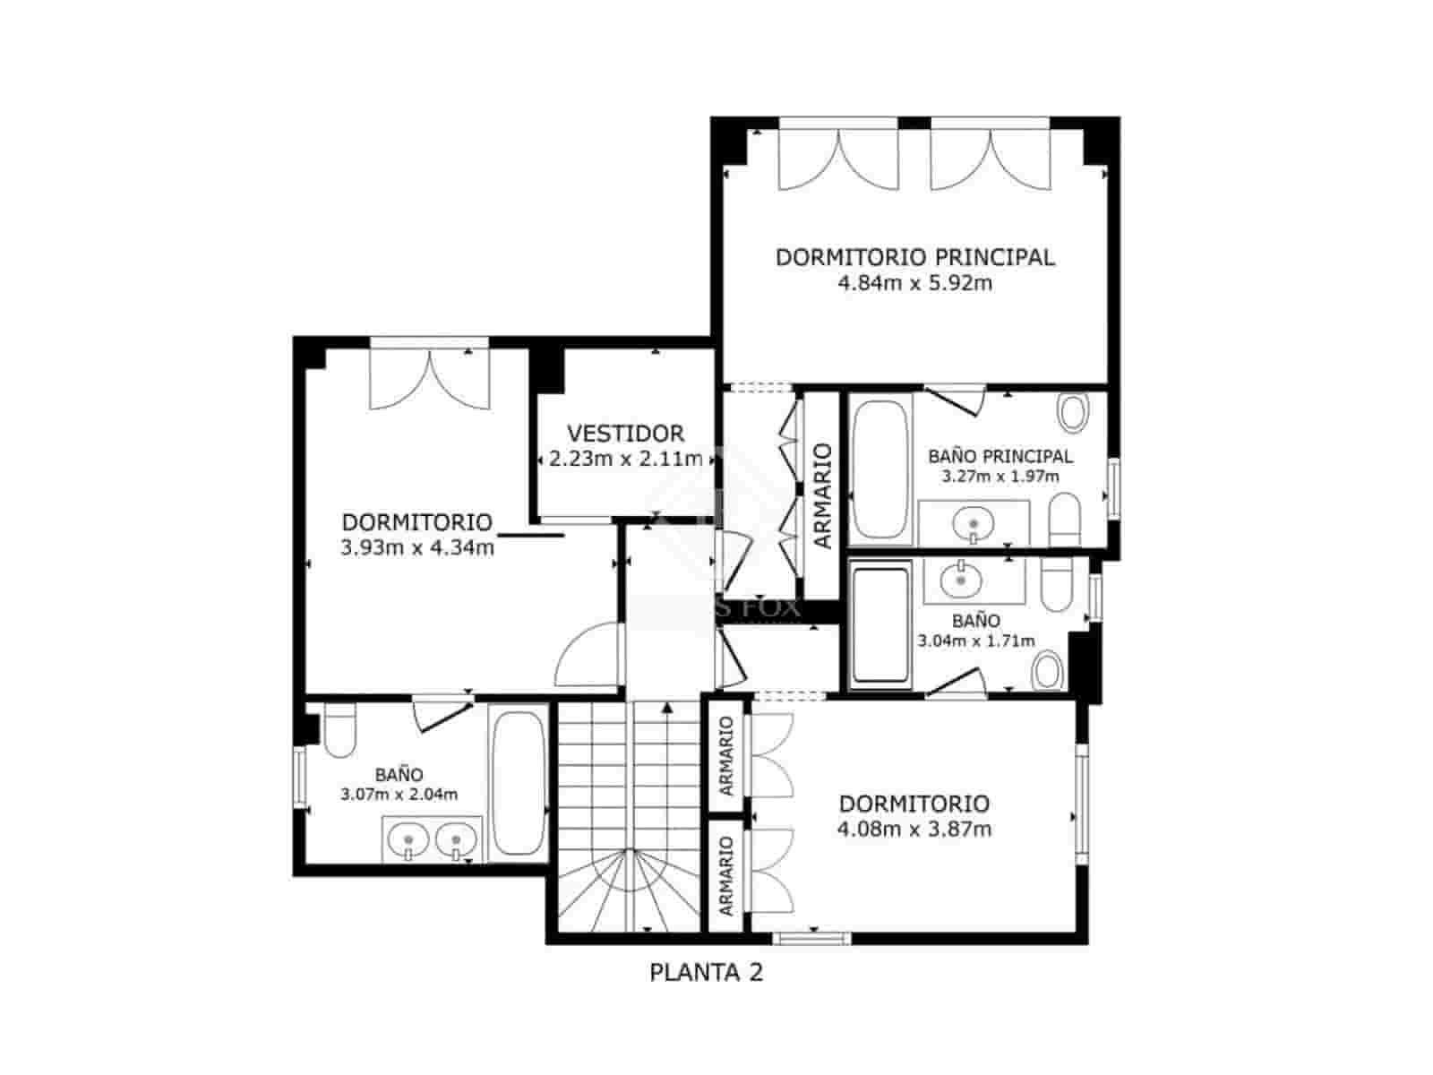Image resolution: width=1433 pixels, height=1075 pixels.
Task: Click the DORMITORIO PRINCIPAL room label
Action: pyautogui.click(x=914, y=257)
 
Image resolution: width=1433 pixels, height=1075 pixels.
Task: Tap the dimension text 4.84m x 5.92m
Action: pyautogui.click(x=914, y=284)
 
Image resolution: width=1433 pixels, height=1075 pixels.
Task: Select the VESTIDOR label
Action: pyautogui.click(x=625, y=434)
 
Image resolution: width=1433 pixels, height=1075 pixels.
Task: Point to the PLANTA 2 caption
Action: pyautogui.click(x=707, y=972)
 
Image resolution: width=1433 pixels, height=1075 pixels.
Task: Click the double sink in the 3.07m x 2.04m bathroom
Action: pyautogui.click(x=433, y=840)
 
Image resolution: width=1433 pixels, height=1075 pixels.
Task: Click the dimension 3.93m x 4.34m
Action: pyautogui.click(x=417, y=547)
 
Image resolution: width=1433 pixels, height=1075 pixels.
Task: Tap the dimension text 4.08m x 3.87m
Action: pyautogui.click(x=914, y=830)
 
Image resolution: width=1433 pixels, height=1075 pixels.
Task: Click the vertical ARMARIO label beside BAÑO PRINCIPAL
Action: pyautogui.click(x=823, y=495)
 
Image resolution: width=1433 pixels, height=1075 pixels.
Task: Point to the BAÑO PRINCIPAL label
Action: pyautogui.click(x=1000, y=456)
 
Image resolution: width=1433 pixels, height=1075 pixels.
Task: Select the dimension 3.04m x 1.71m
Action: pyautogui.click(x=976, y=641)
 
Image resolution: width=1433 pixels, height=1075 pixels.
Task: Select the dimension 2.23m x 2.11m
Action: pyautogui.click(x=625, y=460)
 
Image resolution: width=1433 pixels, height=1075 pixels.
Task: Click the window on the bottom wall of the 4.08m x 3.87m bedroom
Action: pyautogui.click(x=811, y=938)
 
